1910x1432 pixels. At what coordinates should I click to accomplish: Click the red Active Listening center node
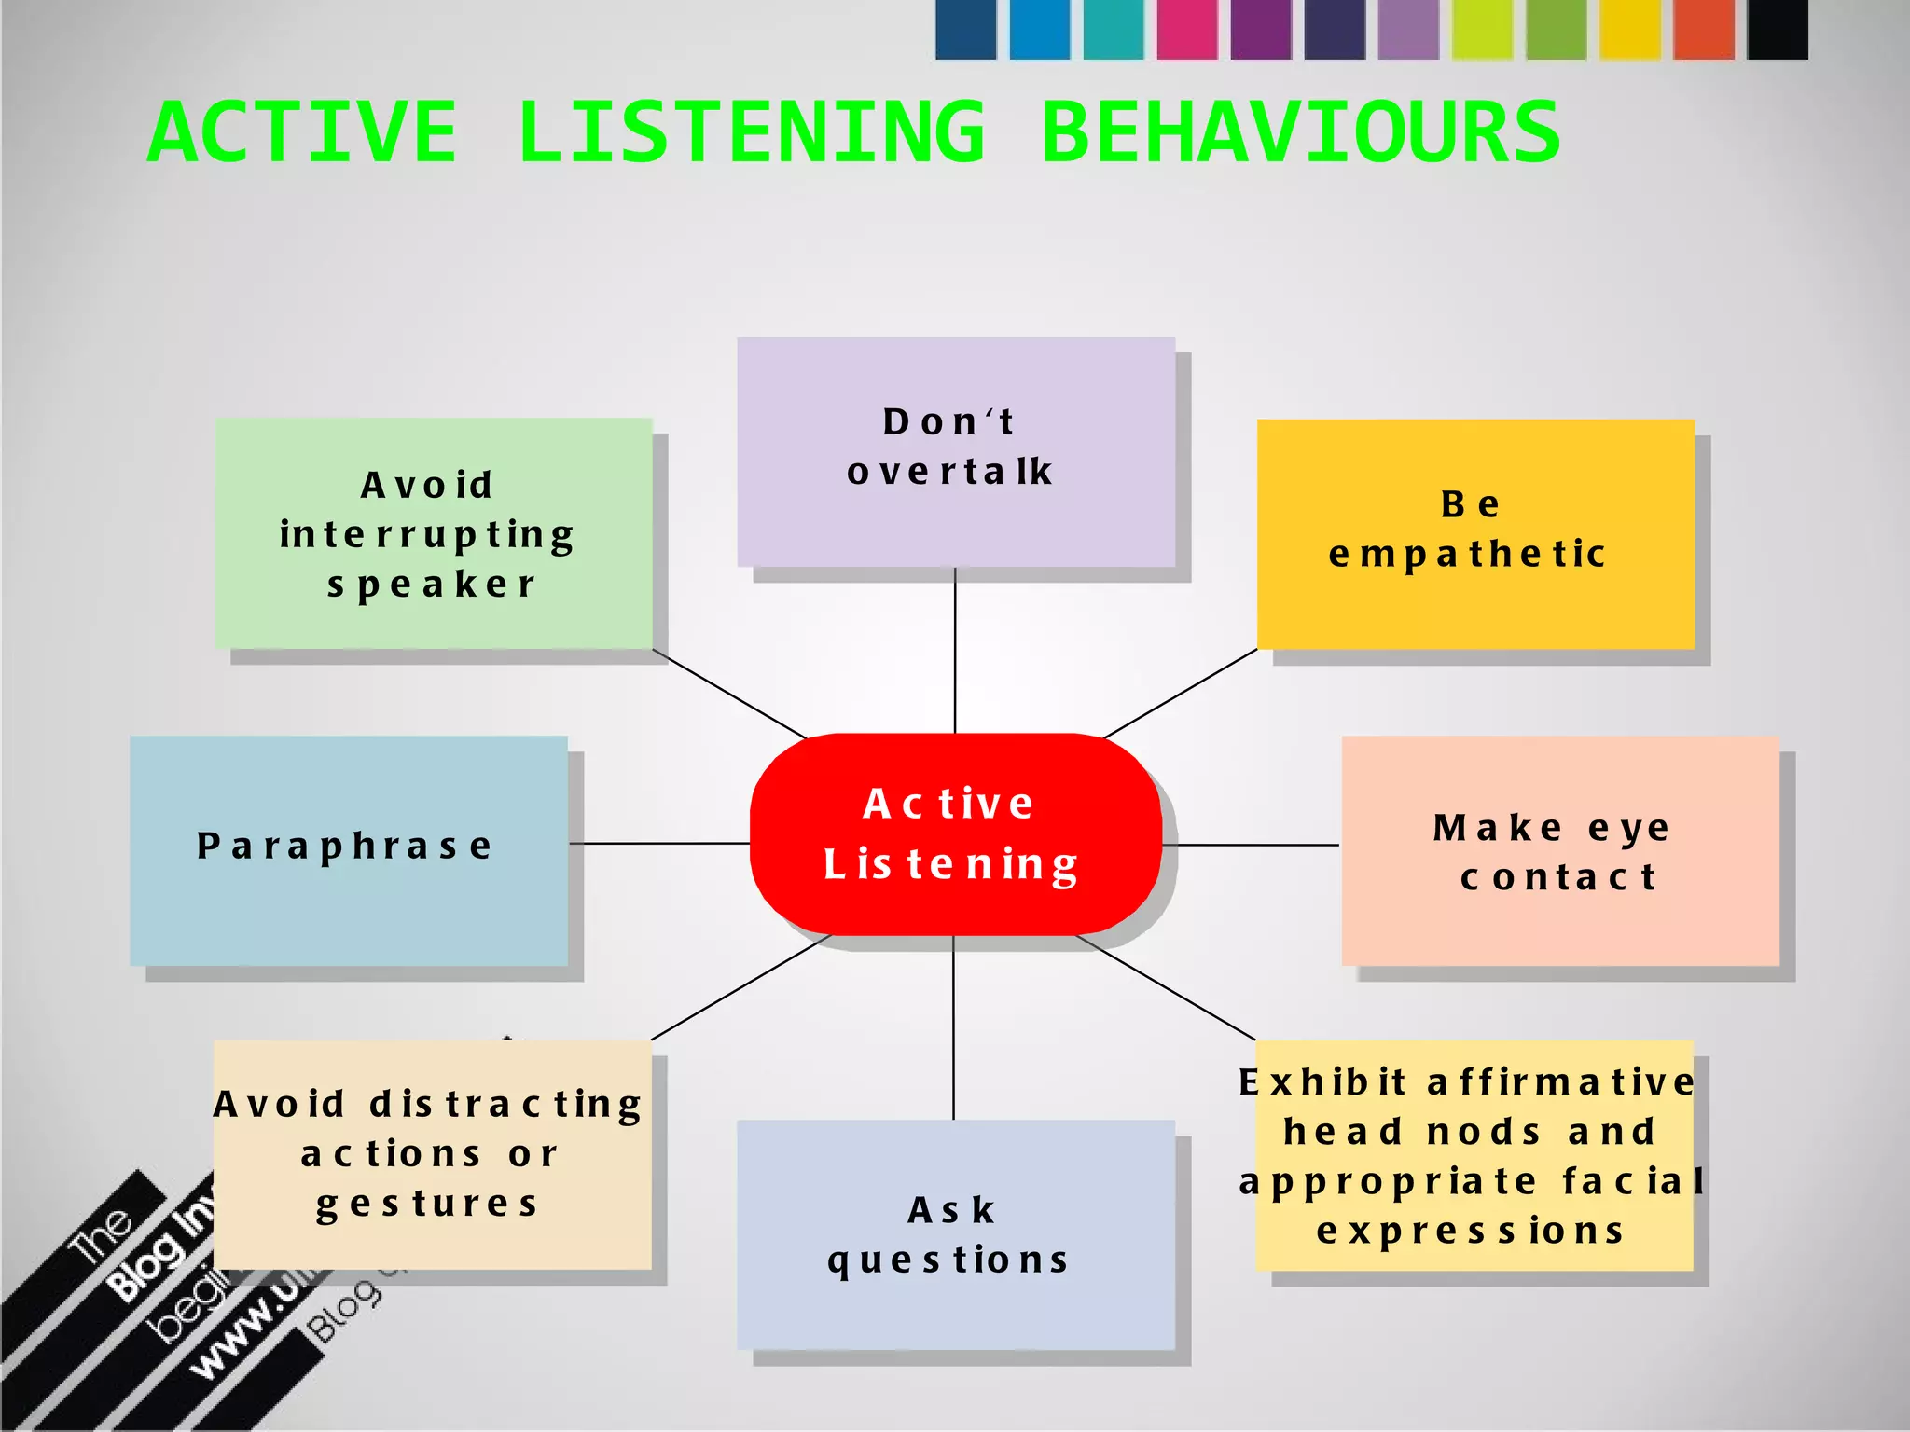(x=955, y=833)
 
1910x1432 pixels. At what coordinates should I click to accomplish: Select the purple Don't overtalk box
(x=955, y=451)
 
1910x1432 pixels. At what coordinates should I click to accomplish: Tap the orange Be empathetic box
(x=1475, y=533)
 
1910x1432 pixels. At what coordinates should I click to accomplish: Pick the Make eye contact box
(x=1559, y=850)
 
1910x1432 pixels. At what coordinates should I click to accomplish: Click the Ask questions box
(x=955, y=1234)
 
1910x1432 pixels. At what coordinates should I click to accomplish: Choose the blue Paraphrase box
(x=348, y=850)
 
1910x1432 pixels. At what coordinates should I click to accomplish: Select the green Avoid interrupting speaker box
(x=434, y=533)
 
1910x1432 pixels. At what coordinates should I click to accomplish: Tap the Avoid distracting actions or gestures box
(x=432, y=1154)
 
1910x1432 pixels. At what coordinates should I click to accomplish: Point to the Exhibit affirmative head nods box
(x=1474, y=1156)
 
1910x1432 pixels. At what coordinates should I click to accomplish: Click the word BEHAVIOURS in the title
(x=1300, y=133)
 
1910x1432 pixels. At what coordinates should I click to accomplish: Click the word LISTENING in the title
(x=751, y=133)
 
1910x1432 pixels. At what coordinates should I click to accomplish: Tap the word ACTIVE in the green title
(x=302, y=133)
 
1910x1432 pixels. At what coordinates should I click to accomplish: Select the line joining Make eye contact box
(x=1250, y=845)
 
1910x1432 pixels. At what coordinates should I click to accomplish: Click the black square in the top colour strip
(x=1777, y=29)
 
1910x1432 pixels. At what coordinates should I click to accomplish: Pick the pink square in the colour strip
(x=1187, y=29)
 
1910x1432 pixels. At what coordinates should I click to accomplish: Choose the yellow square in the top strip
(x=1630, y=29)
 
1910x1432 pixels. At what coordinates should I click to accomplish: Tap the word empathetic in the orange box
(x=1467, y=554)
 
